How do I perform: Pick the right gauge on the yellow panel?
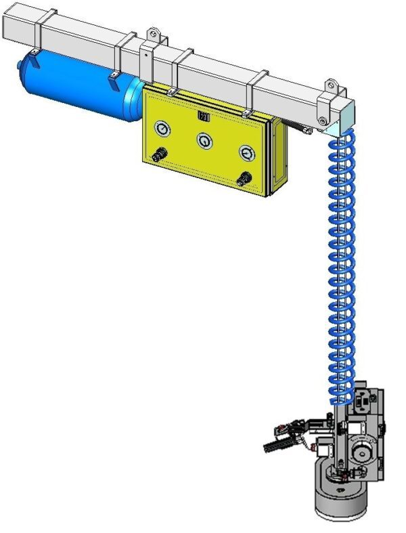tap(246, 154)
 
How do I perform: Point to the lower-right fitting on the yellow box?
tap(243, 179)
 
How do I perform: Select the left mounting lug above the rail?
tap(154, 33)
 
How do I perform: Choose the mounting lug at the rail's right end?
tap(332, 86)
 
